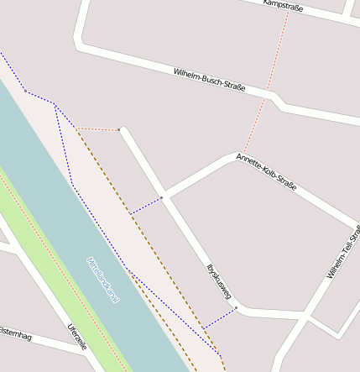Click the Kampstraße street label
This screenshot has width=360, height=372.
(283, 6)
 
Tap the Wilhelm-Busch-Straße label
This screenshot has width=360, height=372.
(209, 81)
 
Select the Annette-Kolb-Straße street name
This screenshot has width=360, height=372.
(266, 171)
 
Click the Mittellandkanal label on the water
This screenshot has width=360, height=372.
(102, 280)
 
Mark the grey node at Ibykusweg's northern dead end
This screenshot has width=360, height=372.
(121, 130)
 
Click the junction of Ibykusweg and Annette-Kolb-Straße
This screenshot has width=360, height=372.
(164, 197)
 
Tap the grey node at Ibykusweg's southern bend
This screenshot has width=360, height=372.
(237, 308)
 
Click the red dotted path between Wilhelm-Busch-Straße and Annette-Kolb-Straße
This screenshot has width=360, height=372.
(255, 127)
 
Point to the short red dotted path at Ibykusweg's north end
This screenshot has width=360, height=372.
(99, 129)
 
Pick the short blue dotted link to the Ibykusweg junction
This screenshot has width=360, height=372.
(147, 206)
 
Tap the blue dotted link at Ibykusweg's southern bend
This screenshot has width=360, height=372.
(220, 317)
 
